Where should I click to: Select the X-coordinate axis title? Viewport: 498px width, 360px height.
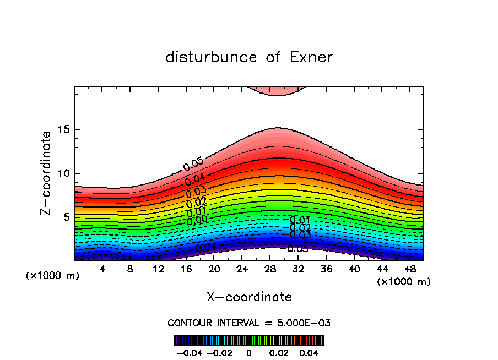[x=249, y=297]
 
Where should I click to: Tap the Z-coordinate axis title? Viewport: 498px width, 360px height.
[x=46, y=173]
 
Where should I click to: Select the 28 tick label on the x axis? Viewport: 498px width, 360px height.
[x=270, y=269]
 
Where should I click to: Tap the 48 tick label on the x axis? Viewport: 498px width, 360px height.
[x=410, y=269]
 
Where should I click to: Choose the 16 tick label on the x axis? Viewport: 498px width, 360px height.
[x=186, y=269]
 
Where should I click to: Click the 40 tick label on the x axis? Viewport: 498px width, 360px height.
[x=354, y=269]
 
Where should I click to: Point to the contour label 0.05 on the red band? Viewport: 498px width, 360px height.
[x=193, y=163]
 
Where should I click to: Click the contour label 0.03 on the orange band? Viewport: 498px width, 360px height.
[x=196, y=192]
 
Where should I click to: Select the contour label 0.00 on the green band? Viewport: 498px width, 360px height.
[x=197, y=220]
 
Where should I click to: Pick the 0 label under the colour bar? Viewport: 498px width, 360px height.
[x=249, y=352]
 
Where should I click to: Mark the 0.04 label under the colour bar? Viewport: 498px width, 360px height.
[x=309, y=352]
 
